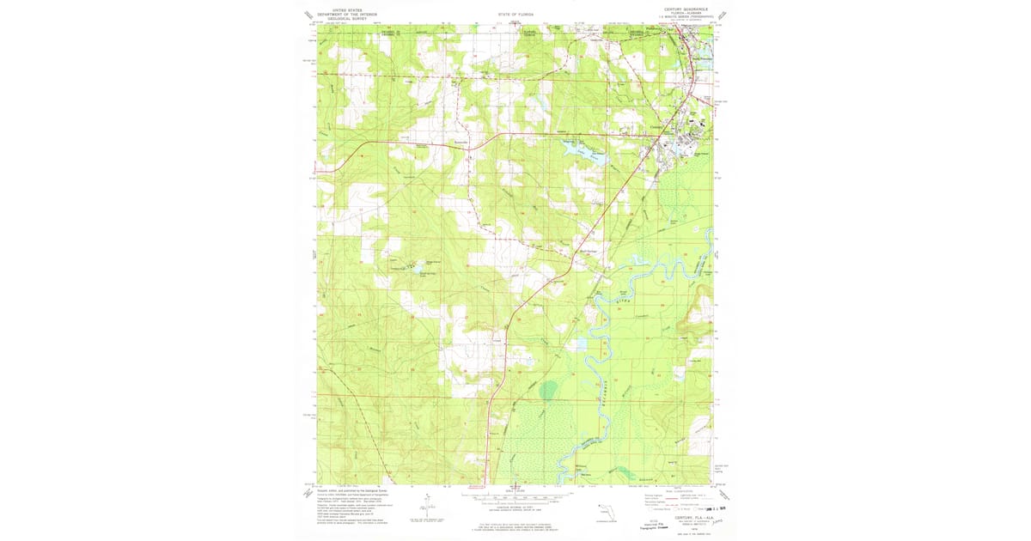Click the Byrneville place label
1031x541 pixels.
point(461,143)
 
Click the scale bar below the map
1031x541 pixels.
point(515,496)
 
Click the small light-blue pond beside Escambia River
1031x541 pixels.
point(577,343)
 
